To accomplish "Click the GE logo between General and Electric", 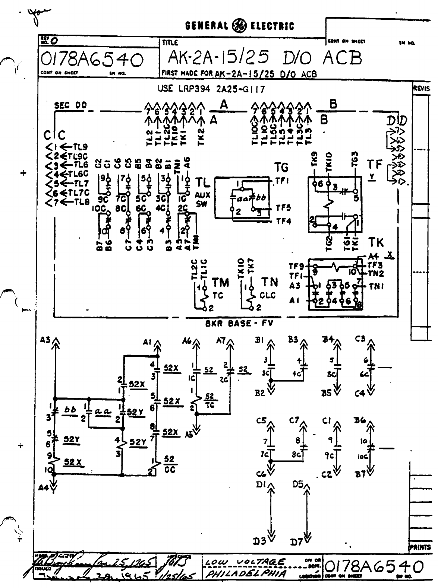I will (x=239, y=26).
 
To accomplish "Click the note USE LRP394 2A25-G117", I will (x=212, y=89).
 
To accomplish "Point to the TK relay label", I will (x=376, y=243).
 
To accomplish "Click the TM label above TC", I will (x=220, y=283).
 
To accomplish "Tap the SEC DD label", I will (x=70, y=105).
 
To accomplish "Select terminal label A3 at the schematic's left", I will (x=46, y=339).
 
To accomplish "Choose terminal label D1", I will (x=261, y=485).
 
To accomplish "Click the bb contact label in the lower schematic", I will (x=70, y=409).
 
